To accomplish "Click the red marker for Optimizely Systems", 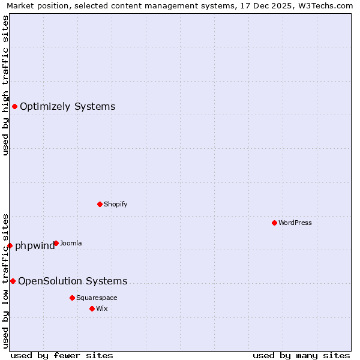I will click(x=15, y=107).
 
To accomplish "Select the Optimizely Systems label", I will click(x=67, y=107).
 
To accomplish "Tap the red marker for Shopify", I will click(x=100, y=204).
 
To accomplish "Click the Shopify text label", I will click(x=115, y=204).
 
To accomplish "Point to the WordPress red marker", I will click(x=274, y=223).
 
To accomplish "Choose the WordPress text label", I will click(x=295, y=223).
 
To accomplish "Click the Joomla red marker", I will click(x=56, y=243).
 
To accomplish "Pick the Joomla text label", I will click(x=71, y=243).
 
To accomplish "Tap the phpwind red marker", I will click(x=10, y=245).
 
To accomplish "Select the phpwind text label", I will click(x=34, y=245).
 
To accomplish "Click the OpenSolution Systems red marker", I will click(x=13, y=281).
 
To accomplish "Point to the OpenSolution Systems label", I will click(x=73, y=281).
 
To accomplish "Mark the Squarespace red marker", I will click(x=72, y=298).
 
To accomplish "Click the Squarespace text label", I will click(x=97, y=298).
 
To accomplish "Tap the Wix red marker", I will click(x=92, y=308).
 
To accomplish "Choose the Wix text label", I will click(x=101, y=308).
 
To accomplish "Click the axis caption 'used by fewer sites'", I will click(x=62, y=355).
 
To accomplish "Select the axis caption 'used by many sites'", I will click(x=301, y=355).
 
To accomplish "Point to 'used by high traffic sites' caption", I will click(x=5, y=85).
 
